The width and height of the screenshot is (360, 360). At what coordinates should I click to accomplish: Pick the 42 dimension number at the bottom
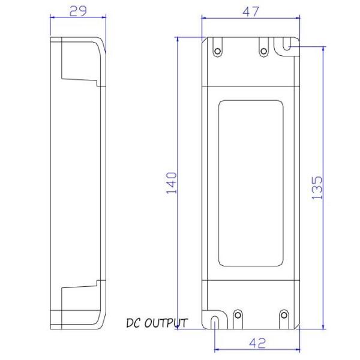point(257,344)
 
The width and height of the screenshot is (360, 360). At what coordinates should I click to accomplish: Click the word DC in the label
point(134,323)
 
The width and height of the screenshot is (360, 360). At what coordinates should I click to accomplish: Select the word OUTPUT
point(166,323)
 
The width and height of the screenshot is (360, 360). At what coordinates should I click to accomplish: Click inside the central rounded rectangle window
point(250,183)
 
